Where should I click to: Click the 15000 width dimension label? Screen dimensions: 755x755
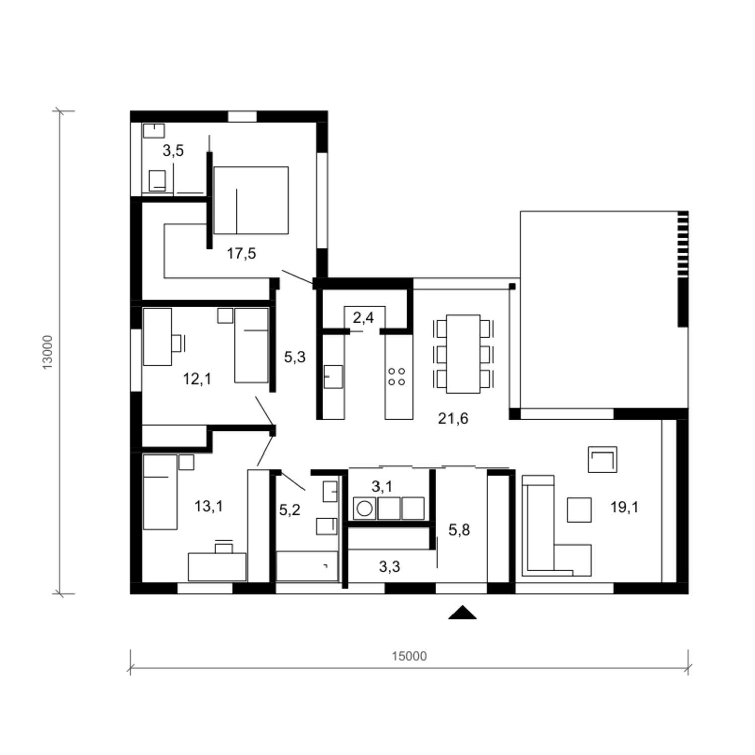pos(409,656)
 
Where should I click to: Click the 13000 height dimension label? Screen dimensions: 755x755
pos(47,352)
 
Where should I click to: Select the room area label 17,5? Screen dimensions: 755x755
pos(241,253)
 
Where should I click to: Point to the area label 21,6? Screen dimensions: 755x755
pos(453,418)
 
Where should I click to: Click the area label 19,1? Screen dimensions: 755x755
pos(624,507)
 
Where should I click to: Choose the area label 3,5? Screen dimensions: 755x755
pos(173,150)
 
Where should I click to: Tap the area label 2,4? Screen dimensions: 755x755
pos(363,318)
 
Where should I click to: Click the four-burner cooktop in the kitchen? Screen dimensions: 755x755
pos(397,376)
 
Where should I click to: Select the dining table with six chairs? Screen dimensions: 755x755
pos(463,354)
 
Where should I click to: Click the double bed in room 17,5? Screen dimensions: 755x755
pos(251,200)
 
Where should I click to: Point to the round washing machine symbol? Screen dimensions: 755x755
pos(364,509)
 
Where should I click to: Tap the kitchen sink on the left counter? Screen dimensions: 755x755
pos(333,376)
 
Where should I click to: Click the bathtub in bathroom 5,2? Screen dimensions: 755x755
pos(307,566)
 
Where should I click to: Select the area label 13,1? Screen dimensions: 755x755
pos(209,506)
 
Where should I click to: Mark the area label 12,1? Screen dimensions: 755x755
pos(197,379)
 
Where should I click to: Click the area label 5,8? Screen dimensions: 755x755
pos(459,530)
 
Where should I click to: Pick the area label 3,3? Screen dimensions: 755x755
pos(389,567)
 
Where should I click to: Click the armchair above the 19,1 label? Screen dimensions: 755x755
pos(602,460)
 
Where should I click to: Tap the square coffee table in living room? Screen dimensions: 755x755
pos(579,510)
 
